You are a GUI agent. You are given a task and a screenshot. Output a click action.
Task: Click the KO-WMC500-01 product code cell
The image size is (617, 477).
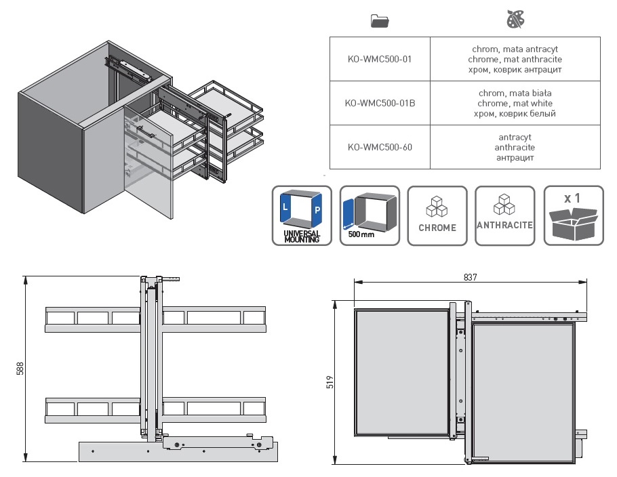380,59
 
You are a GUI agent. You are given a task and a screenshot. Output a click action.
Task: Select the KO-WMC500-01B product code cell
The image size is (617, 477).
380,103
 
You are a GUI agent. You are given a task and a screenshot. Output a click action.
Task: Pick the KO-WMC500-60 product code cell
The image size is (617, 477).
380,147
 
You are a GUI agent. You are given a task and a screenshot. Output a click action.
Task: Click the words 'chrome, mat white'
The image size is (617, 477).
515,104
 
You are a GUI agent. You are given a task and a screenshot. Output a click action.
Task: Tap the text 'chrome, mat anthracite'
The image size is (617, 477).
515,60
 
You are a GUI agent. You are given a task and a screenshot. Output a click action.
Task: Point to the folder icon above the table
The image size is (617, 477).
380,21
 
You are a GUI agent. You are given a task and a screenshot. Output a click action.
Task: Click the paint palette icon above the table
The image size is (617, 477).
515,19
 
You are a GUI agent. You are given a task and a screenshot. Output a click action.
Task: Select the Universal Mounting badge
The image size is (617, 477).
302,216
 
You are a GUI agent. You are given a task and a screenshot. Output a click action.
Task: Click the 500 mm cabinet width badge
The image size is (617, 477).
370,216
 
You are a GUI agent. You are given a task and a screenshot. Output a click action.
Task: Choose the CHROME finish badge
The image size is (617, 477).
437,216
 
